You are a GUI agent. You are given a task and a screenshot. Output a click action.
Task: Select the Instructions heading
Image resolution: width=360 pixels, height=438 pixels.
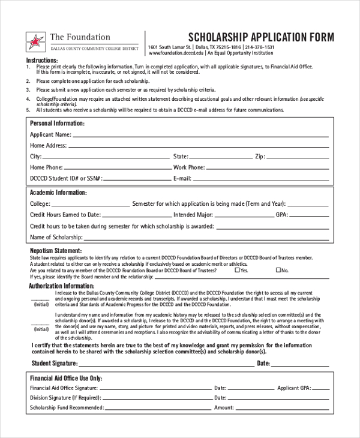pos(42,61)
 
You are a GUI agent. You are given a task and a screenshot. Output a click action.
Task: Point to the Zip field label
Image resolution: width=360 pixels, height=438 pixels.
pos(260,156)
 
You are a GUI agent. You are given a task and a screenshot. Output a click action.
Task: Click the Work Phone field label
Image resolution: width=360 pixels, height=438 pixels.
pos(189,167)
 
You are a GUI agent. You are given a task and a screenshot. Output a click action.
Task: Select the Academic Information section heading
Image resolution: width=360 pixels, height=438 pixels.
pos(58,193)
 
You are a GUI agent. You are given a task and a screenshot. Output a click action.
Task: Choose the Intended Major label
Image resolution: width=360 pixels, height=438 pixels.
pos(193,215)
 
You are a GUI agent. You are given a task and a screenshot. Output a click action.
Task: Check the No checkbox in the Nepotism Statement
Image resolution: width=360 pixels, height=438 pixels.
pos(278,271)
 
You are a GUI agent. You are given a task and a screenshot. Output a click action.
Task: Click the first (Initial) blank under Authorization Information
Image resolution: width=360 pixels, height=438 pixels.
pos(40,298)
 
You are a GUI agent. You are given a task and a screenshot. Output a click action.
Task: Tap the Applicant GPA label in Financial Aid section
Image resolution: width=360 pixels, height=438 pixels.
pos(293,388)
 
